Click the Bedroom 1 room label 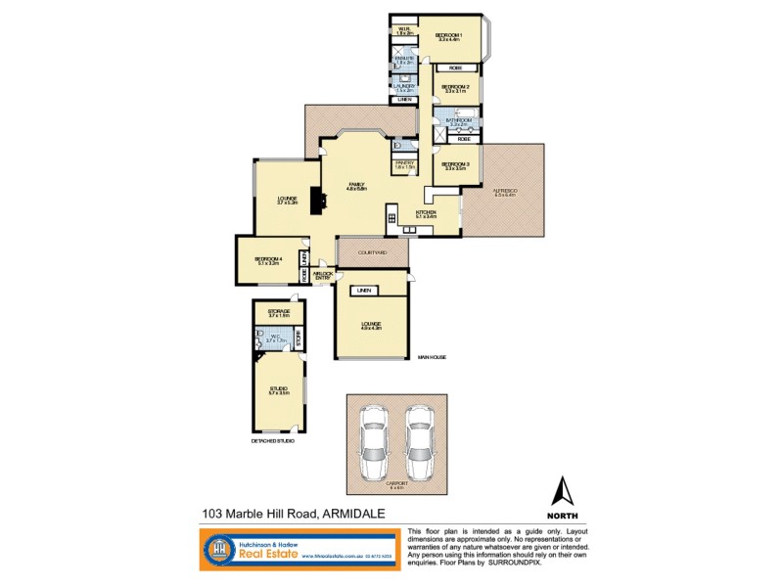448,35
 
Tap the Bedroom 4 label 269,258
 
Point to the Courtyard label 373,252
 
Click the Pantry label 404,163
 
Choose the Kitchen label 424,213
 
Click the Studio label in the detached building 278,390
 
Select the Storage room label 278,312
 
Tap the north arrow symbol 563,492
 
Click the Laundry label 404,85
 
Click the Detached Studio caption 272,441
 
